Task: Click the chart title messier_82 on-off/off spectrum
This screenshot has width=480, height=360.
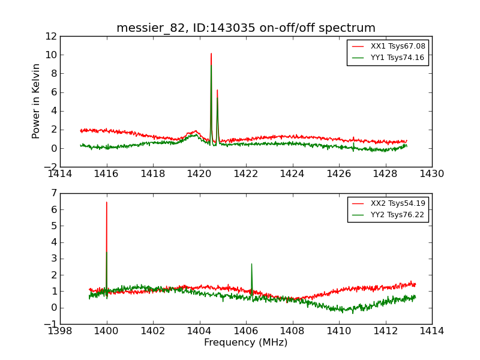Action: (246, 28)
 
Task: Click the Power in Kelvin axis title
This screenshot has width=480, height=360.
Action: (37, 101)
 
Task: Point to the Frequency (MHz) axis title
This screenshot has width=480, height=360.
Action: (246, 343)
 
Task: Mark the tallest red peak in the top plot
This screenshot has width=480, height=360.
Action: (211, 54)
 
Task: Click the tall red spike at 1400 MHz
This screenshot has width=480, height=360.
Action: (107, 203)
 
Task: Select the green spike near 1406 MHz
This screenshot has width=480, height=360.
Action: (251, 265)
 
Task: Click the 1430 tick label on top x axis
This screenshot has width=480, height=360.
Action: (431, 174)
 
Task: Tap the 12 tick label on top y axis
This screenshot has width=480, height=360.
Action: (50, 37)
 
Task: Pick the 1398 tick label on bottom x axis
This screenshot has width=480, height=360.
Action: (61, 331)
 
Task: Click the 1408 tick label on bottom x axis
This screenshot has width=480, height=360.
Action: (292, 331)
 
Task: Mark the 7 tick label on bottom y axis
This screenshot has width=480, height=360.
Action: (53, 193)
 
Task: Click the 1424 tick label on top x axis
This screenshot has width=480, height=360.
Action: (292, 174)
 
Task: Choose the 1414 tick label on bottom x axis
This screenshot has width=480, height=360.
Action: (431, 331)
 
